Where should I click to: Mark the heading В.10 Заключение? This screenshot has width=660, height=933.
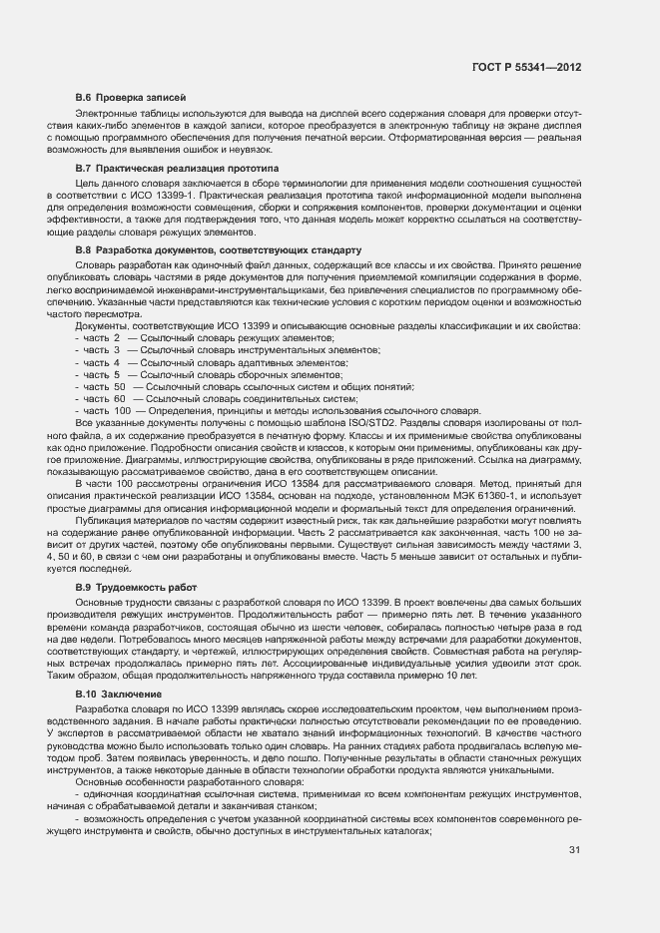pos(119,692)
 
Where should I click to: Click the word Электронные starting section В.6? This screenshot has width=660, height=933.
pos(104,117)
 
